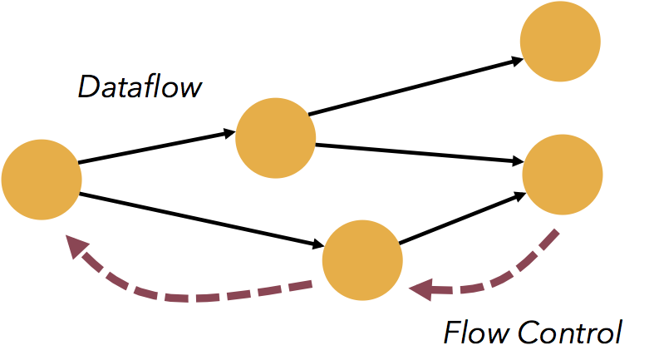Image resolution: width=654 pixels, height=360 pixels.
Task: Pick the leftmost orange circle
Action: (x=42, y=180)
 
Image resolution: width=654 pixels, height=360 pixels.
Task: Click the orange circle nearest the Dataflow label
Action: (x=275, y=138)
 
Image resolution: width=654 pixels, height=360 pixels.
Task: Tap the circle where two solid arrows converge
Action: (x=561, y=173)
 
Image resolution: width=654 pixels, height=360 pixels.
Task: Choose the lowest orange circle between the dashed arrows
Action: (x=362, y=259)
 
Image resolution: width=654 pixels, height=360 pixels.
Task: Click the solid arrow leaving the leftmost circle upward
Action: (x=154, y=147)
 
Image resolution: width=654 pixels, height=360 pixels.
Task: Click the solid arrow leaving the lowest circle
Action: (x=461, y=219)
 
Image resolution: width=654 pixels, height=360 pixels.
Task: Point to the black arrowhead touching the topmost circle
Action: (x=515, y=59)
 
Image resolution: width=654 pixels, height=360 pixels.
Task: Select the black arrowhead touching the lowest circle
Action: (x=317, y=244)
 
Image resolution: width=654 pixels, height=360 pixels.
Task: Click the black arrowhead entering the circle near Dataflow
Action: (x=229, y=132)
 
